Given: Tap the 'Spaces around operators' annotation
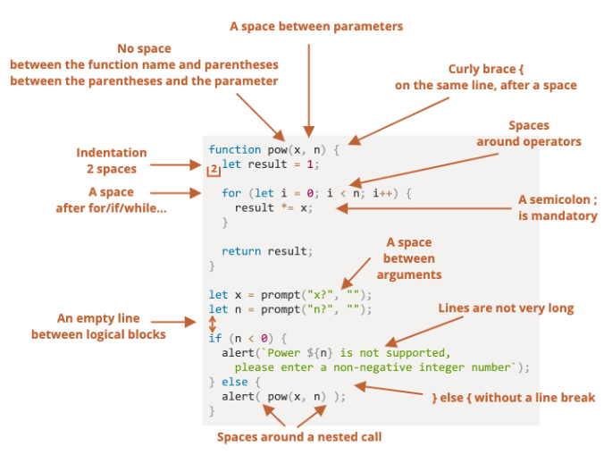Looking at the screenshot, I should (x=528, y=133).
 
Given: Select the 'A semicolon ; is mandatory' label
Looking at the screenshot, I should (x=558, y=207).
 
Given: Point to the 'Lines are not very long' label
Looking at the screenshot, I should (x=506, y=308).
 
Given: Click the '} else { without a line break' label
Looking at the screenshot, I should (x=513, y=398).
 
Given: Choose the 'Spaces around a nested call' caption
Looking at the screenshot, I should (x=299, y=437).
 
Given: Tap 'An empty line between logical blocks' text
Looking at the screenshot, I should (x=98, y=326).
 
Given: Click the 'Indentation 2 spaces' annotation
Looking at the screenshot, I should (x=112, y=161).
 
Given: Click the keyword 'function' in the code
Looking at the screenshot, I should (x=234, y=149).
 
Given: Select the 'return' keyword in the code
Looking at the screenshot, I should (x=241, y=251).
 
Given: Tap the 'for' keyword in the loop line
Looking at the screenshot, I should (x=231, y=193).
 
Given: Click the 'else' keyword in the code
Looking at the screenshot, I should (x=234, y=382).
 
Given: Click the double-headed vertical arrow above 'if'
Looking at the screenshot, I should (x=212, y=324).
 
